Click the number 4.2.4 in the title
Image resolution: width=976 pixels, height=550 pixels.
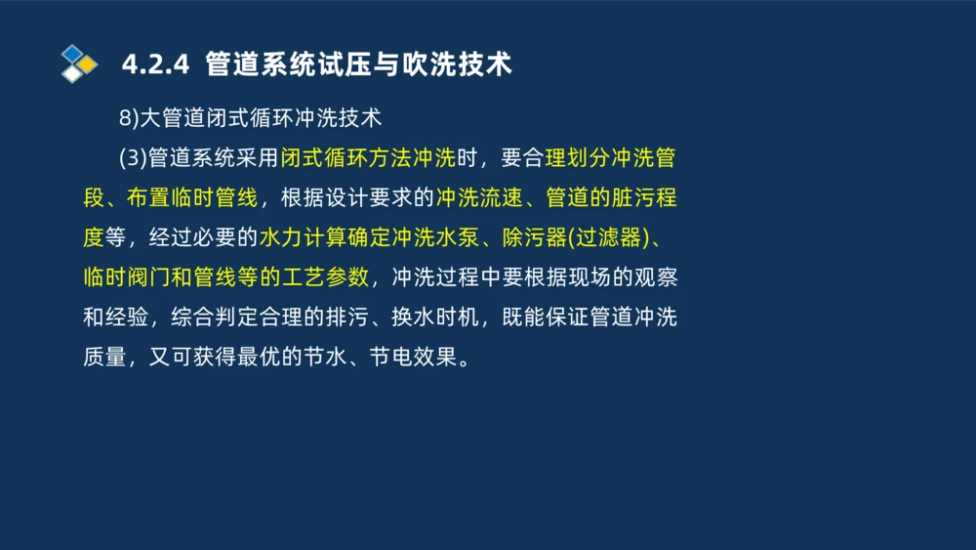pos(154,64)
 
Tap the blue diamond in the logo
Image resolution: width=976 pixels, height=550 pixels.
pos(73,53)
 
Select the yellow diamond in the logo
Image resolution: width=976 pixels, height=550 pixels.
pos(87,64)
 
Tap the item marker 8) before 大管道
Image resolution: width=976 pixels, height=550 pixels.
pos(129,118)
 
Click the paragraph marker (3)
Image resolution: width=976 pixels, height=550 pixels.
pos(133,158)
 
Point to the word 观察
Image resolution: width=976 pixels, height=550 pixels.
pos(656,277)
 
